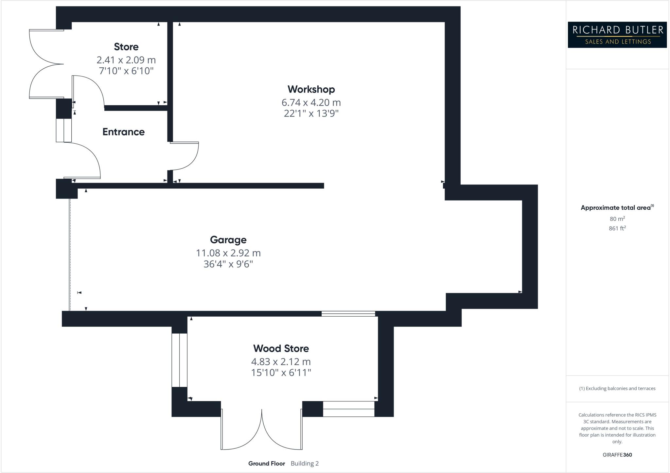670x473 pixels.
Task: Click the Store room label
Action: coord(126,47)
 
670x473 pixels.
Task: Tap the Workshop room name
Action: coord(311,89)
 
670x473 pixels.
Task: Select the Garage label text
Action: coord(228,240)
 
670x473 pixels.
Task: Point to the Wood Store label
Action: coord(281,348)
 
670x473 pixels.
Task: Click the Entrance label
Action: coord(123,132)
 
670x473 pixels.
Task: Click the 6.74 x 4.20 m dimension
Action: coord(311,103)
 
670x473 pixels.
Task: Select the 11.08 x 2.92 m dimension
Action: coord(228,253)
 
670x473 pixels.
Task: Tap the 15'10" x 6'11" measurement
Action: coord(281,373)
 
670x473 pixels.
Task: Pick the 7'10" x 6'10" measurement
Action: coord(126,71)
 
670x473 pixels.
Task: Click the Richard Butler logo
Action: coord(617,35)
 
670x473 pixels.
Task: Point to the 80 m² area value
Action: coord(617,219)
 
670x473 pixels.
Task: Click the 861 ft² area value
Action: coord(617,228)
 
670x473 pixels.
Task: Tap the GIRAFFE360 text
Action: coord(617,455)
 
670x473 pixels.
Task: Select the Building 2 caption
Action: coord(304,464)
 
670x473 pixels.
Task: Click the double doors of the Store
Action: coord(46,64)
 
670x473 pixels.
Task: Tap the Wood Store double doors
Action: coord(262,432)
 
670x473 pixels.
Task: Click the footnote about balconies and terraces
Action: coord(617,389)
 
